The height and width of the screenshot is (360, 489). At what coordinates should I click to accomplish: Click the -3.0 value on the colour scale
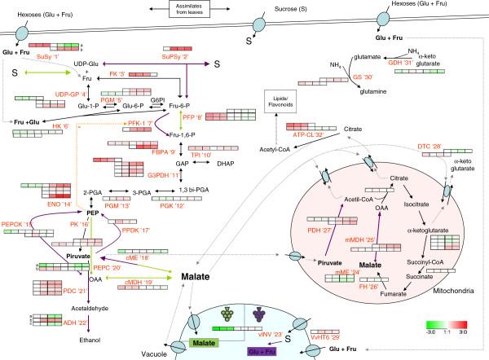(430, 331)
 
